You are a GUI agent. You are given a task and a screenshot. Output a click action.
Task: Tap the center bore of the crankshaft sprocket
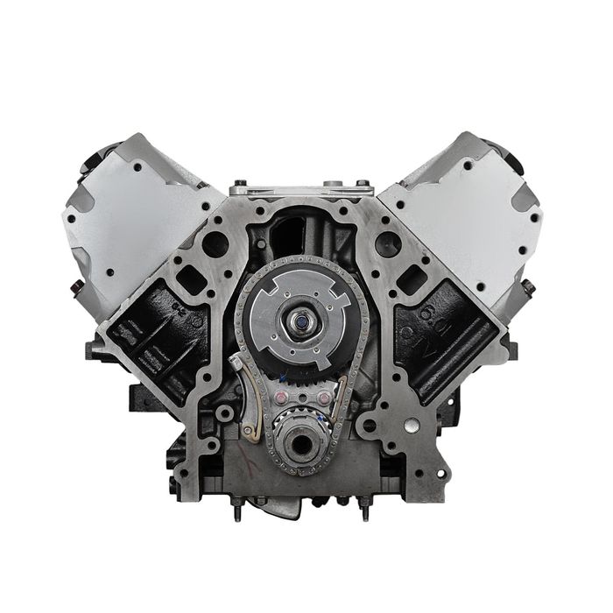[299, 444]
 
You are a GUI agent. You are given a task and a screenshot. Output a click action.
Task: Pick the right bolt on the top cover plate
[361, 184]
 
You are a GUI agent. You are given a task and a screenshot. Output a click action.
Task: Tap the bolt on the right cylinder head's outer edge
[529, 286]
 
